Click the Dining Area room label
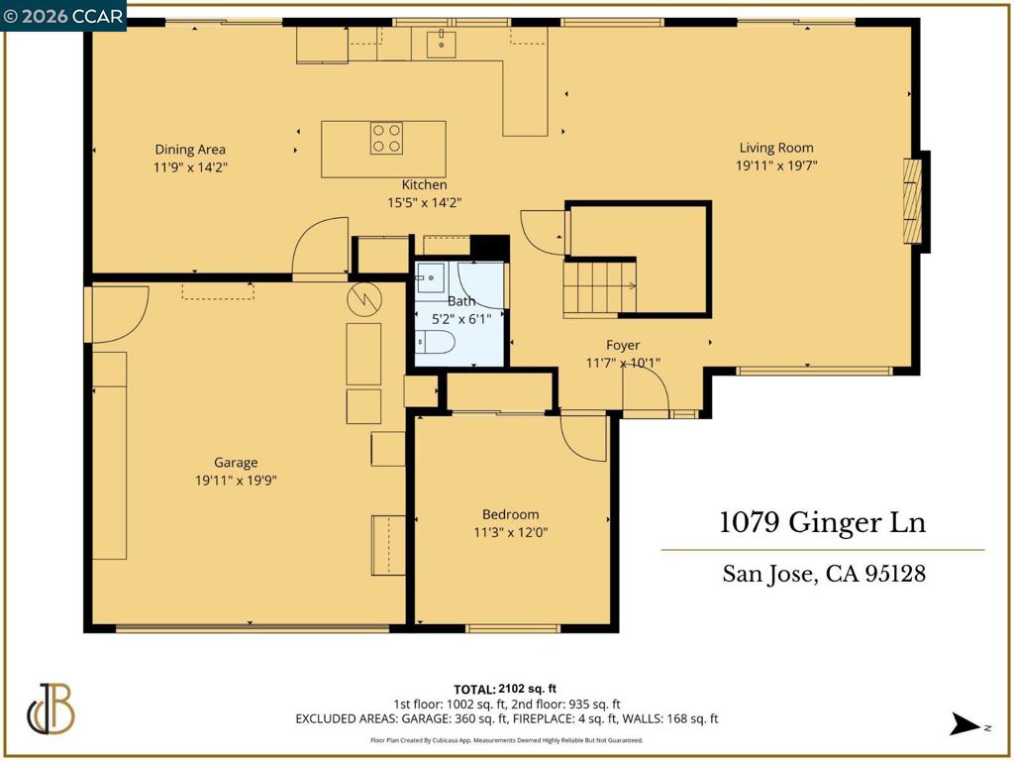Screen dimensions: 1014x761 (190, 150)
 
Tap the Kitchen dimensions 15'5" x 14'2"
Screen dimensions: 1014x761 (424, 202)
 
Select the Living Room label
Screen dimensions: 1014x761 (776, 149)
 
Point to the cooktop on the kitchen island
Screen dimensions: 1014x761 (387, 139)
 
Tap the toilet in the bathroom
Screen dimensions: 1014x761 (435, 342)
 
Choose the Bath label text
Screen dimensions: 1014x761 (461, 301)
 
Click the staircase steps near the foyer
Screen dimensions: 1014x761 (599, 286)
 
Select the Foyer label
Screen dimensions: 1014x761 (623, 345)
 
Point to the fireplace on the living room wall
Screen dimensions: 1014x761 (912, 200)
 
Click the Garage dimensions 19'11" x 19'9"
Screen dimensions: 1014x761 (236, 481)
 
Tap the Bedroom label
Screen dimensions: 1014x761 (510, 514)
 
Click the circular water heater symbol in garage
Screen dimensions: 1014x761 (364, 299)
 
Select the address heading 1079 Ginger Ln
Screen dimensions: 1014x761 (823, 522)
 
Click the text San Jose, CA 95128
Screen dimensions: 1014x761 (824, 574)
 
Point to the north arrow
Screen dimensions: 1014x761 (964, 724)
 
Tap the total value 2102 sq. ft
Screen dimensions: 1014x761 (527, 690)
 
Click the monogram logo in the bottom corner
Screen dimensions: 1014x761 (51, 708)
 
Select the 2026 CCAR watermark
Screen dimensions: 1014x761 (62, 16)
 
